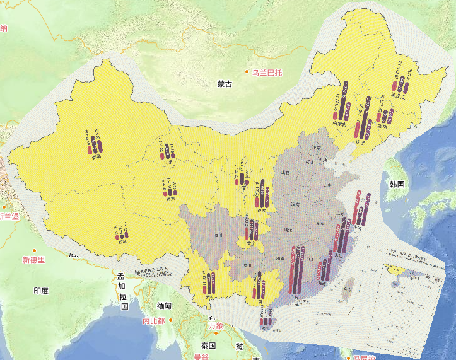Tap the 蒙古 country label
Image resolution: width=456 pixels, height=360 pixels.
(225, 83)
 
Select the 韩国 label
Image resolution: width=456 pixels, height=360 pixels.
(397, 183)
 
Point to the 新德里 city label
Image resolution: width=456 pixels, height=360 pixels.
(33, 260)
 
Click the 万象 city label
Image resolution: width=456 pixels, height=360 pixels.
(216, 325)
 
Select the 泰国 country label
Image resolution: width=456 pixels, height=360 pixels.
(209, 345)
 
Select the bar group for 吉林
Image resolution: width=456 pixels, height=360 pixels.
(385, 116)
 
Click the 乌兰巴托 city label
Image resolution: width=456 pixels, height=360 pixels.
(267, 73)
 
